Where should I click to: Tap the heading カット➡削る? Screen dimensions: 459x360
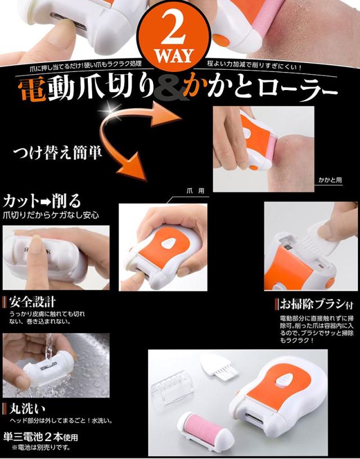click(42, 200)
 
